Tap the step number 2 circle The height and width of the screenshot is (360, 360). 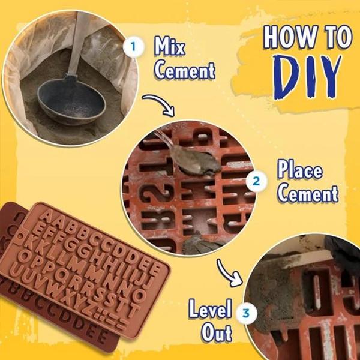click(x=257, y=180)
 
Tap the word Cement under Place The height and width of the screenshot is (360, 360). click(x=308, y=194)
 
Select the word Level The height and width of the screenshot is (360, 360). click(x=210, y=310)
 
